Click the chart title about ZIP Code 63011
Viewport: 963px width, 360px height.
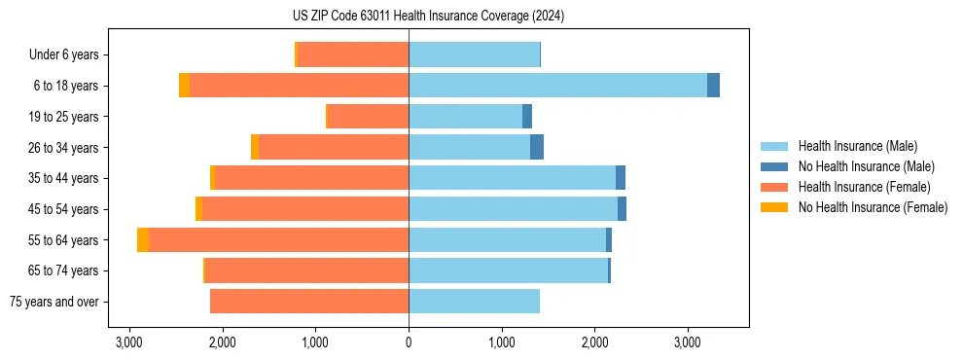point(428,17)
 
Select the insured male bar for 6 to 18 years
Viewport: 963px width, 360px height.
point(557,86)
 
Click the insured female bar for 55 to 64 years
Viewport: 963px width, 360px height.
point(278,240)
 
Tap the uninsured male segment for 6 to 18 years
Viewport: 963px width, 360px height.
point(713,86)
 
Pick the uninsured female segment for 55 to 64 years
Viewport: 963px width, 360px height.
point(143,240)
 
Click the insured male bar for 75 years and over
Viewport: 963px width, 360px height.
point(474,302)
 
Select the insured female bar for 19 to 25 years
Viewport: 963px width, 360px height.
point(368,117)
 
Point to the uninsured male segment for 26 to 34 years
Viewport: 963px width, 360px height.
point(537,147)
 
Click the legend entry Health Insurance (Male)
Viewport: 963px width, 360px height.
point(857,147)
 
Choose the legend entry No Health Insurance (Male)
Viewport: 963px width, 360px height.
point(866,167)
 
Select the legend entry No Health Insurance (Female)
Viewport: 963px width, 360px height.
point(873,207)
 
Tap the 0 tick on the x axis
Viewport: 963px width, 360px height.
point(409,342)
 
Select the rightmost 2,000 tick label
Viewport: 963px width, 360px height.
point(595,342)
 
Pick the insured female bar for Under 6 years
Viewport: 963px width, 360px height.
point(352,55)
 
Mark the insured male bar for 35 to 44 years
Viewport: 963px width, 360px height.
point(512,178)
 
